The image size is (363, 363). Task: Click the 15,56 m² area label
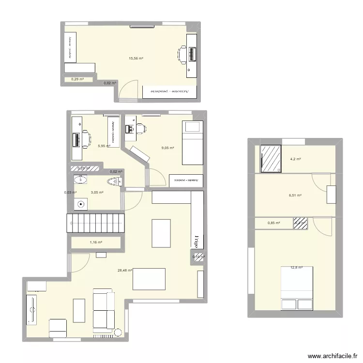point(136,58)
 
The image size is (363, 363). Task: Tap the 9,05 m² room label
point(168,148)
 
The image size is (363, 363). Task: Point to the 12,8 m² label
point(296,267)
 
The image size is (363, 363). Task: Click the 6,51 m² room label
point(295,196)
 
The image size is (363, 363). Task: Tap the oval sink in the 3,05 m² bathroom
point(80,180)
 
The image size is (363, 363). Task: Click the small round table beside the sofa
point(118,331)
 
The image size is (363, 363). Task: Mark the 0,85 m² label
point(273,223)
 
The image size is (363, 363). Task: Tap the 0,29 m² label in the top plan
point(77,79)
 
